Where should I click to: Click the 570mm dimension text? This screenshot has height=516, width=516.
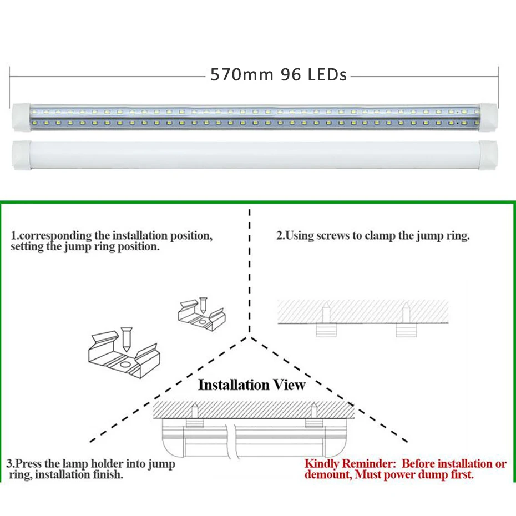[x=242, y=74]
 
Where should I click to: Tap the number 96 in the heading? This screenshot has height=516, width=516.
[x=291, y=74]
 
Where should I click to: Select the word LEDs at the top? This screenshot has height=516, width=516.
[x=327, y=74]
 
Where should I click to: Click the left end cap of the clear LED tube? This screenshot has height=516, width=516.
[x=22, y=117]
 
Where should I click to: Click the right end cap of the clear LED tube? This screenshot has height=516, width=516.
[x=488, y=117]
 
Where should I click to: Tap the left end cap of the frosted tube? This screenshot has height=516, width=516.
[x=22, y=155]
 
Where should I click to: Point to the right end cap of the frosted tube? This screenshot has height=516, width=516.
[x=488, y=155]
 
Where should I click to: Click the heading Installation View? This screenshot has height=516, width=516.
[x=252, y=385]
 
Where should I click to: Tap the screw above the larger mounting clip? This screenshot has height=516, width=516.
[x=126, y=339]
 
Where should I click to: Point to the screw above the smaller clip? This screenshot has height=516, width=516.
[x=203, y=305]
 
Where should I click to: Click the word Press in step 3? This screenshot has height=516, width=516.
[x=29, y=464]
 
